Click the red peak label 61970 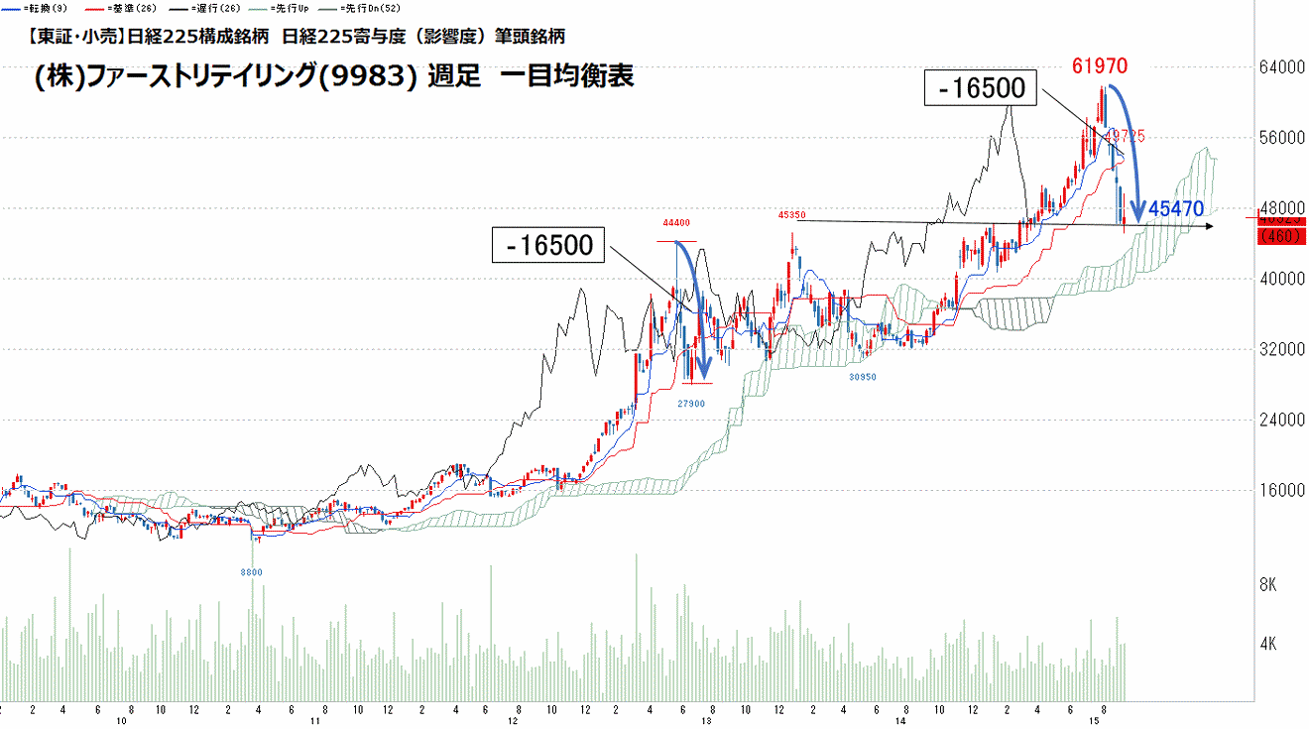coord(1099,67)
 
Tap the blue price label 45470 coord(1176,209)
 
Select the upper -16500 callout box coord(980,89)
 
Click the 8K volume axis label coord(1267,585)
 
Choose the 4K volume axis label coord(1267,644)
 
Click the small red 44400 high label coord(677,223)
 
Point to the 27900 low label coord(691,404)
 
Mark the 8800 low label coord(252,572)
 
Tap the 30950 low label coord(861,377)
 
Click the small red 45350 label coord(791,214)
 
